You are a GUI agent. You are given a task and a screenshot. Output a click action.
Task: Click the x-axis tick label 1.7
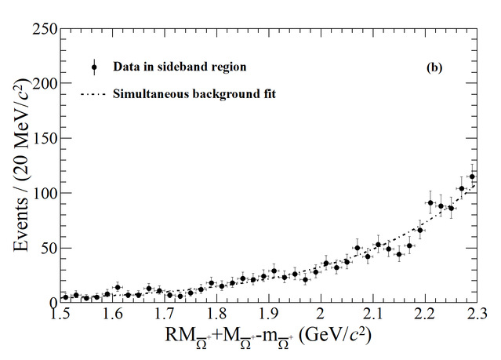click(x=164, y=315)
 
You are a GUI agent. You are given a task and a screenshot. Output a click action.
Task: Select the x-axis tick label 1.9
click(x=268, y=315)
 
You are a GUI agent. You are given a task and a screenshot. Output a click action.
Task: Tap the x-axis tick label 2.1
click(x=372, y=315)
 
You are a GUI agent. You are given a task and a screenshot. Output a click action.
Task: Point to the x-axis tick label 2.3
click(x=473, y=315)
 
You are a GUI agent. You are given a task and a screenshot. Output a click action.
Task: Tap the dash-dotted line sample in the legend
click(x=94, y=94)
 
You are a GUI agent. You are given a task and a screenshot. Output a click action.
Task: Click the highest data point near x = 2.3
click(x=472, y=176)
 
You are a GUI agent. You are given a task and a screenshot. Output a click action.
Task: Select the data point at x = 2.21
click(x=430, y=203)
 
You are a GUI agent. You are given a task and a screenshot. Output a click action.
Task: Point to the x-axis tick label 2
click(x=320, y=315)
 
